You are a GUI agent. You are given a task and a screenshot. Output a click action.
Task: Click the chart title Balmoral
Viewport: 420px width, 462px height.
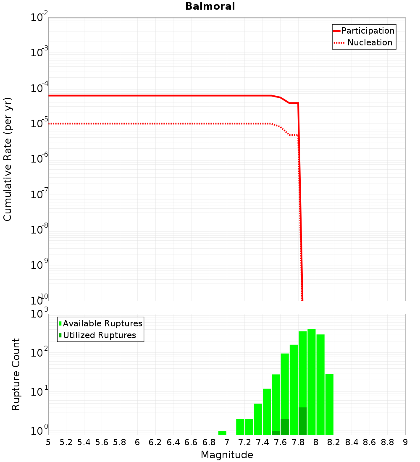(210, 6)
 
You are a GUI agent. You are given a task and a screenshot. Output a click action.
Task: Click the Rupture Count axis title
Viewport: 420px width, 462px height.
(16, 374)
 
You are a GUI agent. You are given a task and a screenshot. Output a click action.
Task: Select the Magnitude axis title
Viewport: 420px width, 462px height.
(227, 454)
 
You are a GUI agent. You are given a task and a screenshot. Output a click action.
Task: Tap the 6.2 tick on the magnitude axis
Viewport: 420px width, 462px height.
(155, 442)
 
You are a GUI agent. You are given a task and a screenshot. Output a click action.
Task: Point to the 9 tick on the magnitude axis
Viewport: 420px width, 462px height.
(405, 442)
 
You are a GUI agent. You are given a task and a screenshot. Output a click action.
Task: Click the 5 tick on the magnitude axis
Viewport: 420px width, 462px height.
(48, 442)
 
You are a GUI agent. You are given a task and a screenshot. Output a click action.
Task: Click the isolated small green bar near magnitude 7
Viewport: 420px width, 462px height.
(222, 433)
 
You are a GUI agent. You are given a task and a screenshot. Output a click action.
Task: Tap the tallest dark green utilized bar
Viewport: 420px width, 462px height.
(302, 421)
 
